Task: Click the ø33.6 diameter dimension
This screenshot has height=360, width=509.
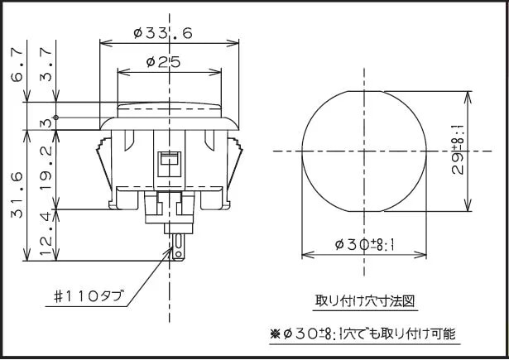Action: pyautogui.click(x=162, y=32)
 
